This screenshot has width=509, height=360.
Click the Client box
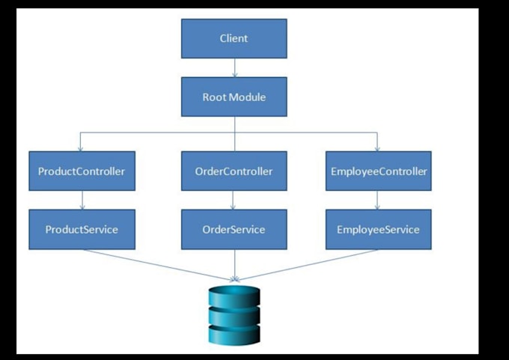[x=234, y=38]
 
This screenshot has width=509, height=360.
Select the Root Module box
[x=234, y=97]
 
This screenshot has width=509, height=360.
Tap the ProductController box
[x=82, y=171]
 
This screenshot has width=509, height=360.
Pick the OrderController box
[x=234, y=171]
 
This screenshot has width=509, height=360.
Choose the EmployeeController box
[x=378, y=171]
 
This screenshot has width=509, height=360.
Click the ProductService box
[x=82, y=229]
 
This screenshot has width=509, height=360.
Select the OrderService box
[x=234, y=229]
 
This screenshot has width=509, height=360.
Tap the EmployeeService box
[x=378, y=229]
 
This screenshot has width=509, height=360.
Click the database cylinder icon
[x=234, y=315]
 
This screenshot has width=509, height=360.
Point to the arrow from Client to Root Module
[x=234, y=68]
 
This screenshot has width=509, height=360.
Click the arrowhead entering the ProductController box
[x=82, y=147]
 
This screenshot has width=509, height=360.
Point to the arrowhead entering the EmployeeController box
[x=378, y=147]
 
